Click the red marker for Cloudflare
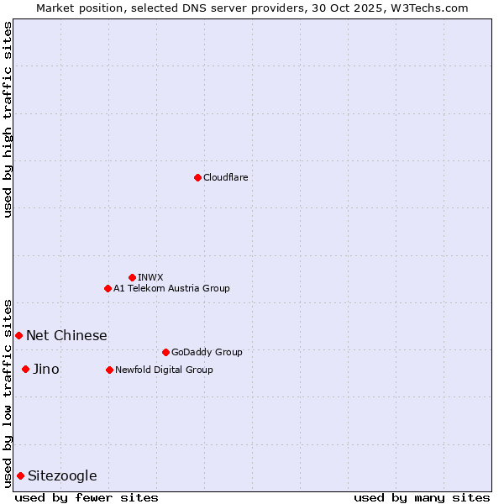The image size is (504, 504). pyautogui.click(x=197, y=177)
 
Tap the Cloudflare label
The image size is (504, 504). pyautogui.click(x=225, y=177)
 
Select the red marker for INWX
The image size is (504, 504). pyautogui.click(x=132, y=277)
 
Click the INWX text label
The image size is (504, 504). pyautogui.click(x=150, y=277)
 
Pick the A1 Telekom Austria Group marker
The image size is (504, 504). pyautogui.click(x=108, y=288)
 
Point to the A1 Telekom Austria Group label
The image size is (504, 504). pyautogui.click(x=171, y=288)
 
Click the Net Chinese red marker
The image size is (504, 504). pyautogui.click(x=18, y=335)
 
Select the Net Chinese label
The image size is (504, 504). pyautogui.click(x=66, y=335)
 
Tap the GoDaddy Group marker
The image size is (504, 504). pyautogui.click(x=165, y=352)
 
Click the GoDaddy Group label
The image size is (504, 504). pyautogui.click(x=207, y=352)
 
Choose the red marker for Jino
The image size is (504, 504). pyautogui.click(x=25, y=369)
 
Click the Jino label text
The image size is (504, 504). pyautogui.click(x=45, y=369)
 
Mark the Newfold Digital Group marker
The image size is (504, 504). pyautogui.click(x=109, y=370)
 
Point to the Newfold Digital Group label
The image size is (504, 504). pyautogui.click(x=164, y=370)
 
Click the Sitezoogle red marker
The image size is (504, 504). pyautogui.click(x=20, y=475)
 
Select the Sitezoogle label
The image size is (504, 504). pyautogui.click(x=62, y=475)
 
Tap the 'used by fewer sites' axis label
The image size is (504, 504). pyautogui.click(x=87, y=497)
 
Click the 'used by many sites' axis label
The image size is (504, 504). pyautogui.click(x=422, y=497)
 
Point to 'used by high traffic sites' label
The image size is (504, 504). pyautogui.click(x=8, y=119)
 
